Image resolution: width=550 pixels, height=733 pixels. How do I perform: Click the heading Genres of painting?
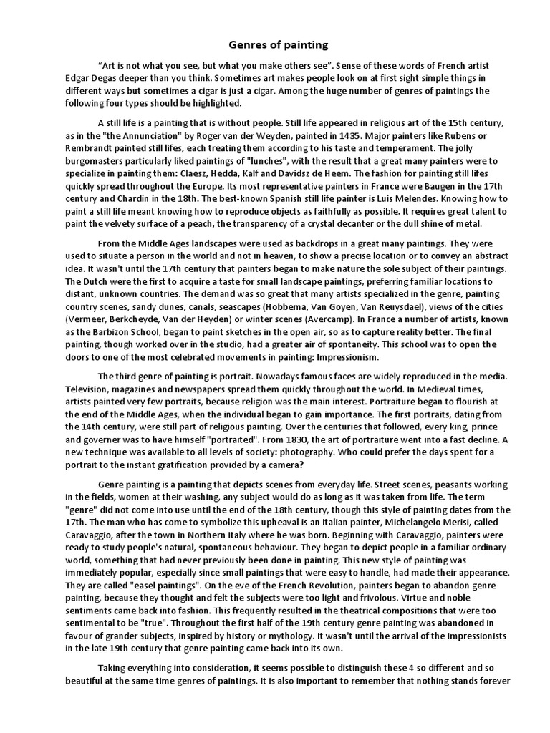tap(274, 44)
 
